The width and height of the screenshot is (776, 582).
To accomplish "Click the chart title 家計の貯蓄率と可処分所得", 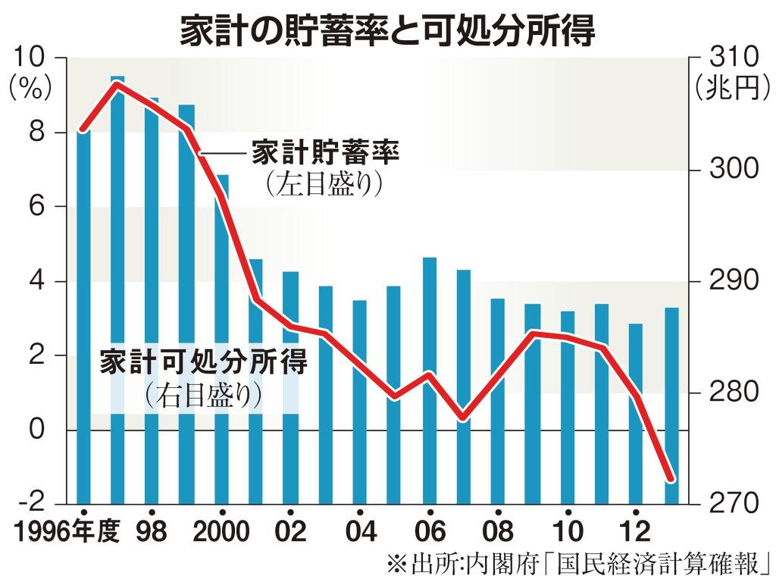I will coord(387,31).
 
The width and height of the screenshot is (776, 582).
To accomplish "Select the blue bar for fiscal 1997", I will coord(117,288).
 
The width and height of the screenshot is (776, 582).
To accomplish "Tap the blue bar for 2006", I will coord(430,379).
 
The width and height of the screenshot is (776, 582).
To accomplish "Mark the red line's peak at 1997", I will coord(117,83).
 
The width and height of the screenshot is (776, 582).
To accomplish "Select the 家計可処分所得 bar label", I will coord(204,362).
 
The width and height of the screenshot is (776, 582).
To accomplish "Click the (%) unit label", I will coord(31,89).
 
